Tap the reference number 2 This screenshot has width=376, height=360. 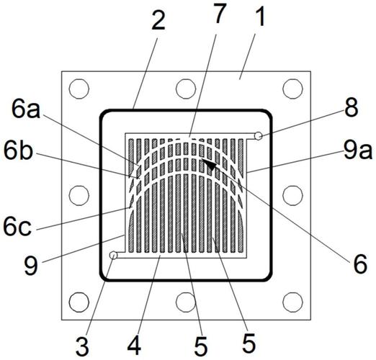(x=158, y=21)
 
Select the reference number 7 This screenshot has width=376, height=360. (x=220, y=14)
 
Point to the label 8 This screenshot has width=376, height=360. (x=352, y=107)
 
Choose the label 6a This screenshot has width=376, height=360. (x=26, y=110)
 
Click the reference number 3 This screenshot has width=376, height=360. (x=83, y=346)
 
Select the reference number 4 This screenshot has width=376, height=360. (x=134, y=346)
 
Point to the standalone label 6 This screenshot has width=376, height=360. (x=360, y=264)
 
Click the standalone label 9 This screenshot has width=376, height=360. (x=31, y=266)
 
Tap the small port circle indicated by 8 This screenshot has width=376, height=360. (x=259, y=136)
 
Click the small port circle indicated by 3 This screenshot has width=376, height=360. (x=113, y=255)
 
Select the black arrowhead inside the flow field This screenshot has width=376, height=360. (x=209, y=164)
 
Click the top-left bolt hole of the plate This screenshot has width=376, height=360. (x=79, y=89)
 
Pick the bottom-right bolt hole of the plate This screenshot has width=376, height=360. (x=292, y=302)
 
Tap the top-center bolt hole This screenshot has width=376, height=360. (x=186, y=89)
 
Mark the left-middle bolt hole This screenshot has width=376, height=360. (x=79, y=195)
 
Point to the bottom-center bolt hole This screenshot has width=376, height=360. (x=186, y=302)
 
